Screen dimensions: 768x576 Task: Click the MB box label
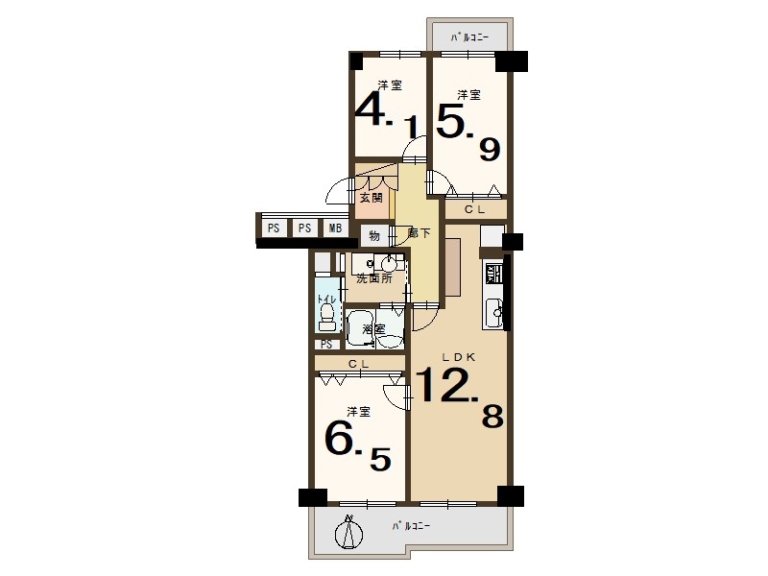[x=335, y=228]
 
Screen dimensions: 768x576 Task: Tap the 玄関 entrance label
[x=371, y=199]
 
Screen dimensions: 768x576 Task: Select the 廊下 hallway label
[x=420, y=233]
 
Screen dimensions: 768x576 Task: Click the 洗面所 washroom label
[x=373, y=279]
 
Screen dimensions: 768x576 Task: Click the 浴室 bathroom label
[x=373, y=329]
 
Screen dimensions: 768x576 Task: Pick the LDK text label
[x=459, y=357]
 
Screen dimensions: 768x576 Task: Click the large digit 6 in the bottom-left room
[x=340, y=440]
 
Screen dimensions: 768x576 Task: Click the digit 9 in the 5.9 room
[x=490, y=150]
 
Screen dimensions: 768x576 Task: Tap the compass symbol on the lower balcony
[x=349, y=533]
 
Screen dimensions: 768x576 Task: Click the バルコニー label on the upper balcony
[x=470, y=36]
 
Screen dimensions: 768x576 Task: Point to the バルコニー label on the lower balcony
[x=412, y=526]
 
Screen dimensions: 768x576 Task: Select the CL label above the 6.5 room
[x=358, y=364]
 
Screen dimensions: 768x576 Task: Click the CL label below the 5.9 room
[x=474, y=209]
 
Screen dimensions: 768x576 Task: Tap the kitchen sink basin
[x=493, y=311]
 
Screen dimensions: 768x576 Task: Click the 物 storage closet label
[x=374, y=236]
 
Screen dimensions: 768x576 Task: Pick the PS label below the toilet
[x=326, y=345]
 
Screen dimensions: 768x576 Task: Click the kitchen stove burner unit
[x=492, y=274]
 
